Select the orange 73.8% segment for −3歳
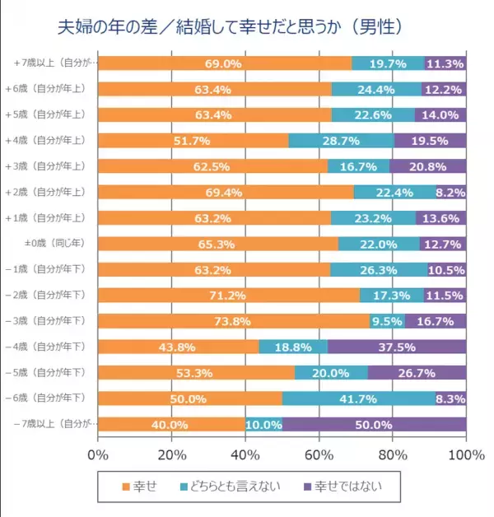(x=233, y=320)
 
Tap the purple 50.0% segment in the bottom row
(x=374, y=425)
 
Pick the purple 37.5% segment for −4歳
(x=396, y=347)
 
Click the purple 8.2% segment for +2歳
(x=451, y=193)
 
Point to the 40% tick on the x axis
(x=245, y=455)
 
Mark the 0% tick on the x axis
(x=98, y=455)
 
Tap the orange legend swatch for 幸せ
(x=125, y=487)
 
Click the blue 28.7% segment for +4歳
(x=341, y=141)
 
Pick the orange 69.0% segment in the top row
(x=225, y=63)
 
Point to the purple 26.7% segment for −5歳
(x=417, y=372)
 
